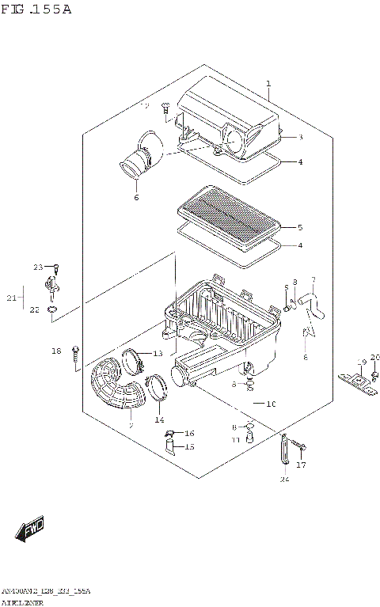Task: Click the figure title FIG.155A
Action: tap(37, 9)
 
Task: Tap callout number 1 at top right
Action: tap(268, 83)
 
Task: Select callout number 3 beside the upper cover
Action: tap(278, 137)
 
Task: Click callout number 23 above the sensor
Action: tap(36, 267)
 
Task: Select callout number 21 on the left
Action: tap(10, 298)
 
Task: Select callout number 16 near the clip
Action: tap(188, 434)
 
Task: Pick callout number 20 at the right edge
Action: tap(374, 357)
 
